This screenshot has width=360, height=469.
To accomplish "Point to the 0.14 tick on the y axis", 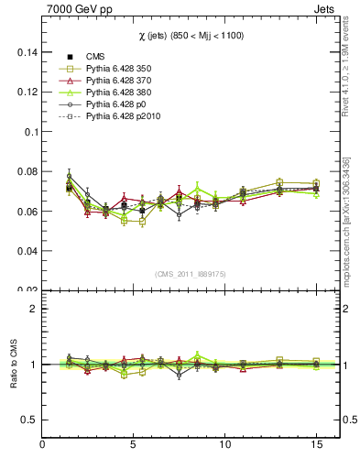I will (x=24, y=53).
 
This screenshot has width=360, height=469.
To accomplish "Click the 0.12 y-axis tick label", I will (x=24, y=93).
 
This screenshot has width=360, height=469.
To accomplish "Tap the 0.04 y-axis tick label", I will (x=24, y=250).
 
